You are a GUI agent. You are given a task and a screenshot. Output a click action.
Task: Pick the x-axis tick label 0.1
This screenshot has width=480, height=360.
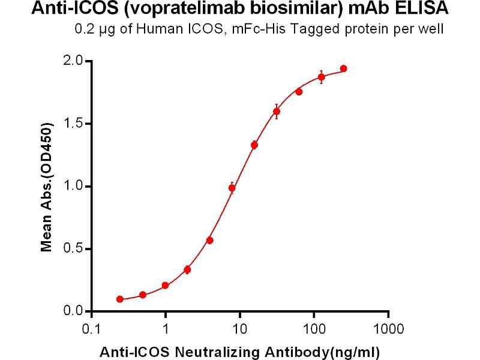click(x=91, y=329)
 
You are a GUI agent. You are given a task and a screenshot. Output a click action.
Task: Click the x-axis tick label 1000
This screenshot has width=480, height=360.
click(x=388, y=329)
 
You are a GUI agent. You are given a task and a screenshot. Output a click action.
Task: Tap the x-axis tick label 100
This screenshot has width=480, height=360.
click(x=314, y=329)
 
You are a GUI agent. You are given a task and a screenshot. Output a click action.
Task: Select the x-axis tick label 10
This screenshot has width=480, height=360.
click(x=239, y=329)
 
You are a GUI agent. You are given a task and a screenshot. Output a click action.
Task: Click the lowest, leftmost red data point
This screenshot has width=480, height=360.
click(x=120, y=299)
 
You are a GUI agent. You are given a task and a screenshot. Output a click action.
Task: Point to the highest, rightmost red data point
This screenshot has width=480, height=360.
click(x=343, y=68)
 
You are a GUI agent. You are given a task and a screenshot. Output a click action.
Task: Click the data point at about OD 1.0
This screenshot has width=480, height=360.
click(x=232, y=188)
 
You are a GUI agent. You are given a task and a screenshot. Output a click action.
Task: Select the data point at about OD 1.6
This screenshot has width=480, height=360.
click(x=277, y=112)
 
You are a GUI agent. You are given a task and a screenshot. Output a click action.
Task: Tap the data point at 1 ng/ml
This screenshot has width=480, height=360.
click(x=165, y=286)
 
